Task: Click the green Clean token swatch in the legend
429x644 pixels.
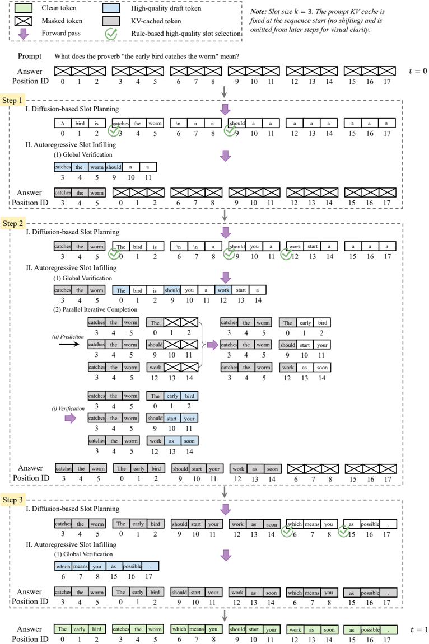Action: click(x=23, y=8)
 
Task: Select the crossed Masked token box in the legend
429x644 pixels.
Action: click(x=23, y=21)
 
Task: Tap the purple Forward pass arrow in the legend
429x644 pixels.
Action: click(x=24, y=34)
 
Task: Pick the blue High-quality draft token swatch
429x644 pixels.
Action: click(x=111, y=8)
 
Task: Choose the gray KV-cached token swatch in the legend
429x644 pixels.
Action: click(x=111, y=21)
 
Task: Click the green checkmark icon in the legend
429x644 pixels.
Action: click(x=111, y=34)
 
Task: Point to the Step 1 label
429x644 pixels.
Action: click(x=12, y=100)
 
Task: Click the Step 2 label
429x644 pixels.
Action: click(x=12, y=223)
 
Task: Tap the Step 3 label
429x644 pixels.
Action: click(x=12, y=500)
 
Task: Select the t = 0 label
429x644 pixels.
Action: click(x=418, y=71)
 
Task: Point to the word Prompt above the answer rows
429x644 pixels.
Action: click(x=30, y=57)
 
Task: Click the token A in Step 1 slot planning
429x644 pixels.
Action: click(x=63, y=123)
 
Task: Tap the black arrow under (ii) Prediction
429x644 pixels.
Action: click(x=69, y=344)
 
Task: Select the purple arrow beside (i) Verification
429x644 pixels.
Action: click(x=70, y=418)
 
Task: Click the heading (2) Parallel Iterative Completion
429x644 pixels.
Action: click(x=95, y=309)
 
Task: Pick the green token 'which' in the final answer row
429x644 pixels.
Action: click(x=179, y=629)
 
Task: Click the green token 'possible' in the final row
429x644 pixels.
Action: click(x=370, y=629)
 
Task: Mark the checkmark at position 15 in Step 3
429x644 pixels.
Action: click(x=344, y=532)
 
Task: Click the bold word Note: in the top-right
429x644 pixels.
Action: click(x=259, y=12)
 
